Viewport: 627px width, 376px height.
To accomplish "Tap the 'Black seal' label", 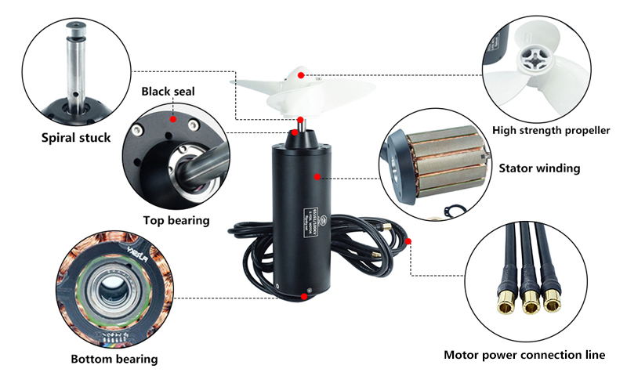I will click(168, 92).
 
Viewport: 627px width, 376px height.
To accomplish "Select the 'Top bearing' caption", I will click(176, 220).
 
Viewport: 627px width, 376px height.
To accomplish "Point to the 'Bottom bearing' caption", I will click(114, 360).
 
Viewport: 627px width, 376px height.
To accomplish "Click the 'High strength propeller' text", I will click(551, 130).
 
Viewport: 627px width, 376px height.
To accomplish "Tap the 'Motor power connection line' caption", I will click(524, 355).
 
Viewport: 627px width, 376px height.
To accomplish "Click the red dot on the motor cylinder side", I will click(317, 177).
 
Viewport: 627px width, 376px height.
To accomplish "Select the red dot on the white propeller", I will click(301, 75).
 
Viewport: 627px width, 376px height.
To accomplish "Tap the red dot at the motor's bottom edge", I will click(303, 295).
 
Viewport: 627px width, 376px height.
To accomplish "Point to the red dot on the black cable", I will click(409, 240).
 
